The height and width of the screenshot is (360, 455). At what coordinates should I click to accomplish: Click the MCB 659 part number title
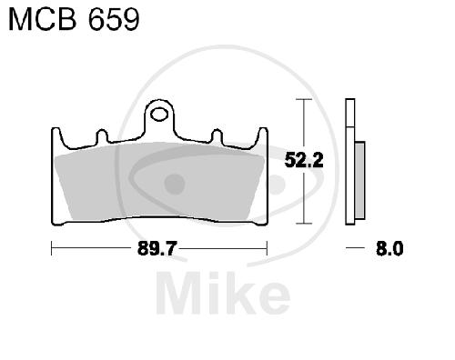[x=74, y=19]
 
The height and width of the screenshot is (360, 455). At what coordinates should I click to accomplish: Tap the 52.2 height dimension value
[x=304, y=160]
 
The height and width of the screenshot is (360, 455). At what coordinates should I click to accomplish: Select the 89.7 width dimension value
[x=157, y=249]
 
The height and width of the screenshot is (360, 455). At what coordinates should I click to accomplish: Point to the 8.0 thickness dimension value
[x=389, y=248]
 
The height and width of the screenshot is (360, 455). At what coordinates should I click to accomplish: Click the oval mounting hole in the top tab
[x=159, y=115]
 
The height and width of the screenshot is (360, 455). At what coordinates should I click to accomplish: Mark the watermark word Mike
[x=223, y=293]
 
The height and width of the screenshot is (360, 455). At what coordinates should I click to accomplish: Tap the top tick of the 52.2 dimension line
[x=304, y=99]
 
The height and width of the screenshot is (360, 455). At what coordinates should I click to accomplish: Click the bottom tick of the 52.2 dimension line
[x=304, y=224]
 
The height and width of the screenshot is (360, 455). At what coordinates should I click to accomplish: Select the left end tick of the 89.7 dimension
[x=52, y=248]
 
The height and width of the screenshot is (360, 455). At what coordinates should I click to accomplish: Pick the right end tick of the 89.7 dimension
[x=267, y=248]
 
